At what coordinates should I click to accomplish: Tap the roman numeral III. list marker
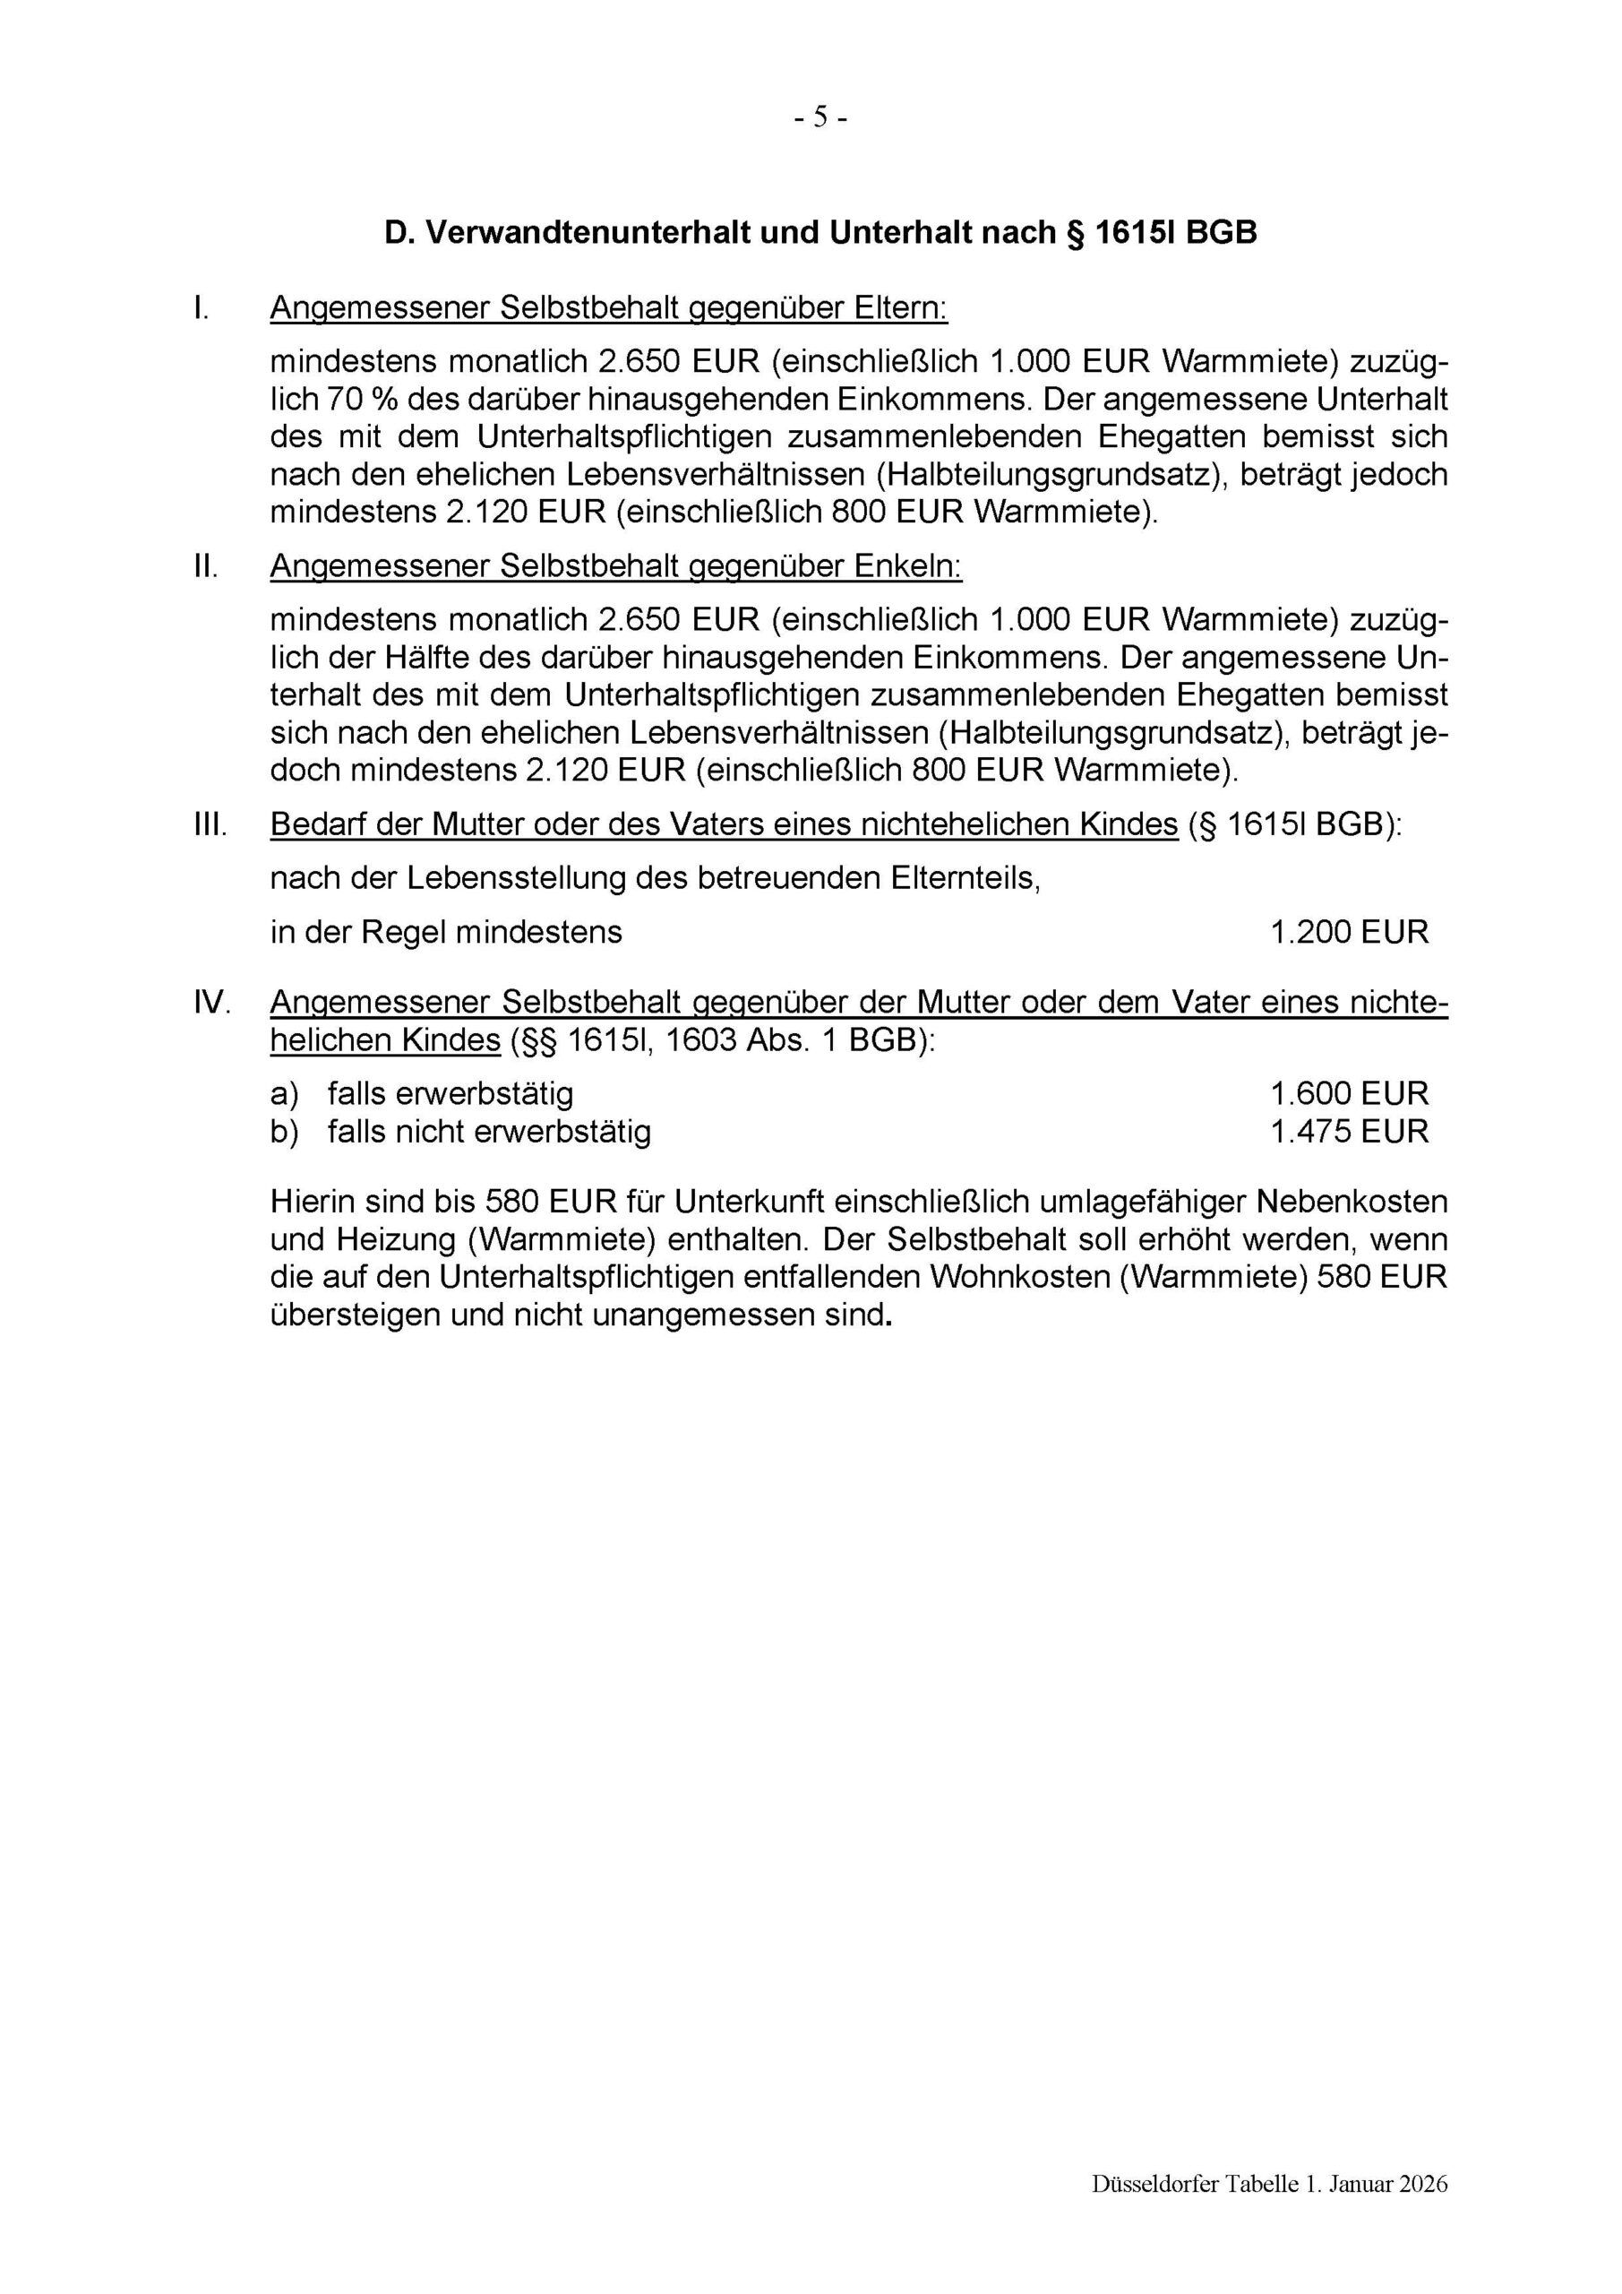(x=210, y=825)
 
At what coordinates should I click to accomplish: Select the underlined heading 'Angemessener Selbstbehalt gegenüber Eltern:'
(x=608, y=309)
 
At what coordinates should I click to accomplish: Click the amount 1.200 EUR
(x=1348, y=932)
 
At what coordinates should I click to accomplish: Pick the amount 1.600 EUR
(x=1348, y=1093)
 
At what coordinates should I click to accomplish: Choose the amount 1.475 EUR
(x=1348, y=1131)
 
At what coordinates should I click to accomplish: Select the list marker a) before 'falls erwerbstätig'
(x=285, y=1093)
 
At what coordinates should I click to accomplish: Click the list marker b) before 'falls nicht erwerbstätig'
(x=285, y=1131)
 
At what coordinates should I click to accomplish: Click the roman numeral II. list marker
(x=206, y=566)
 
